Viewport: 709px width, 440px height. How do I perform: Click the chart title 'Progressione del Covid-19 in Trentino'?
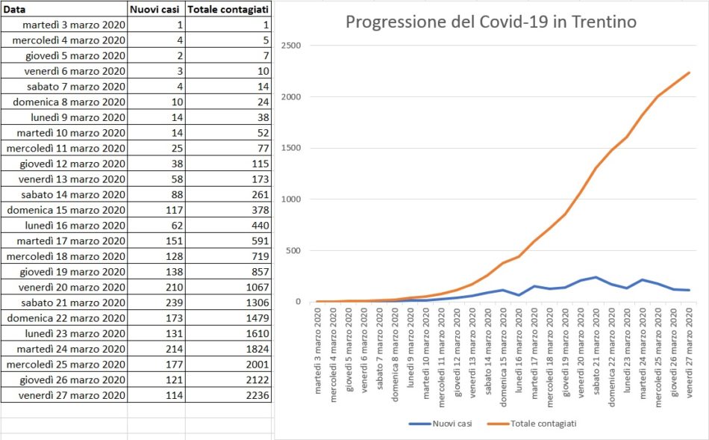coord(490,22)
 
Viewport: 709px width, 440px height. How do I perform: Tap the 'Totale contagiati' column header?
coord(228,9)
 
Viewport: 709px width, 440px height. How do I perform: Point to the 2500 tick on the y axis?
coord(290,46)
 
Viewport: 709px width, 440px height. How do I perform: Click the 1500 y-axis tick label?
coord(290,148)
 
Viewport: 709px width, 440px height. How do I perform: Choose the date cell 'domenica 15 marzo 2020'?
coord(67,210)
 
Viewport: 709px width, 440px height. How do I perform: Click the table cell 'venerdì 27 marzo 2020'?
coord(72,395)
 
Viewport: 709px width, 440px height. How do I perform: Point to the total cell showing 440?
coord(257,226)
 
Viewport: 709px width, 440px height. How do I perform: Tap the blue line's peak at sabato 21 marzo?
coord(596,277)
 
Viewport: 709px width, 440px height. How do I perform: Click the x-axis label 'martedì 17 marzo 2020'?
coord(535,351)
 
